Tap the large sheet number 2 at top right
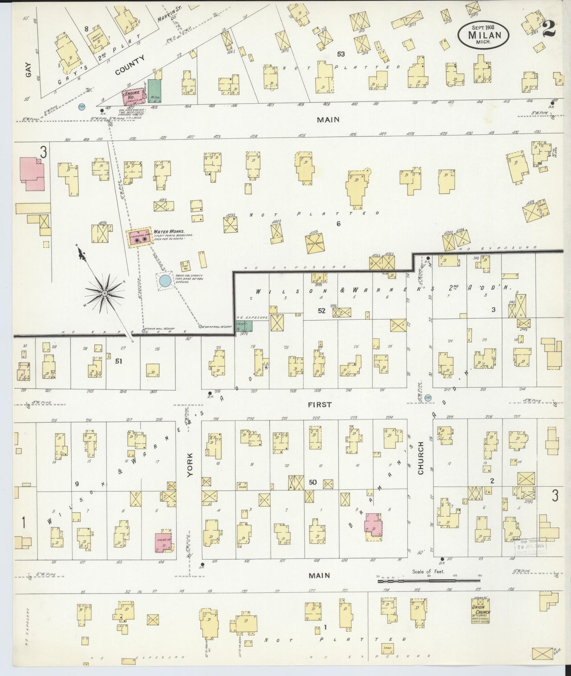549,29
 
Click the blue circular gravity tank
165,281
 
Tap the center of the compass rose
104,293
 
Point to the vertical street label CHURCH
420,458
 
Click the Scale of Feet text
428,571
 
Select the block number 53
341,54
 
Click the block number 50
313,482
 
